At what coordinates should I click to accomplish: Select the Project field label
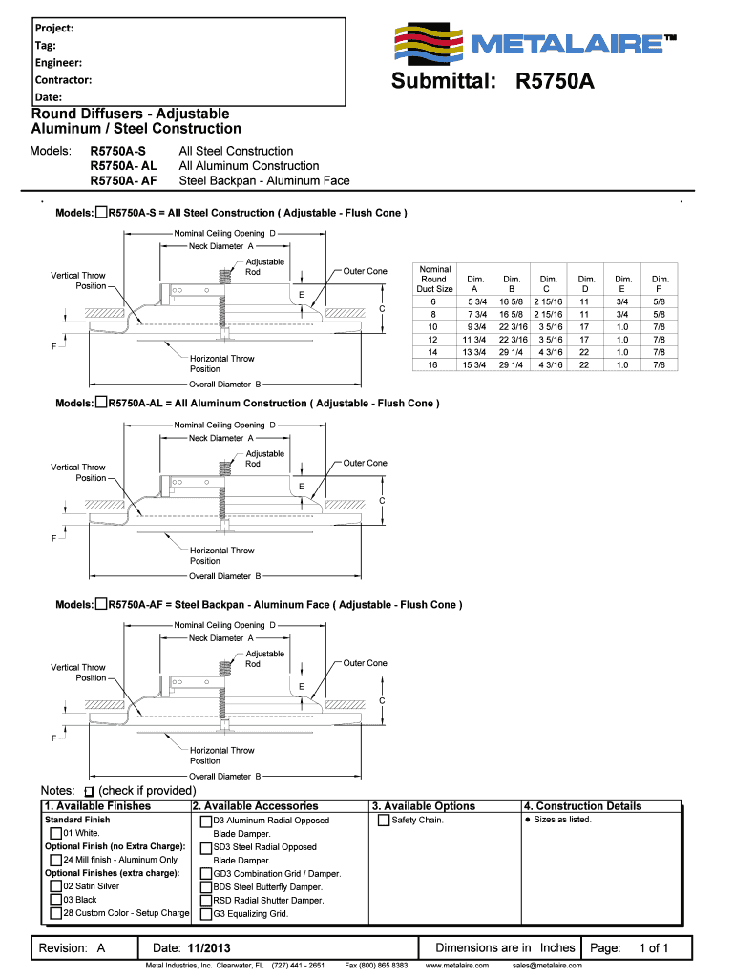[x=54, y=28]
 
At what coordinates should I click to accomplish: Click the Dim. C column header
[x=548, y=284]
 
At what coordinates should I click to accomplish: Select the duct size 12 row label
[x=433, y=339]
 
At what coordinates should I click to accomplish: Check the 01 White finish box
[x=56, y=833]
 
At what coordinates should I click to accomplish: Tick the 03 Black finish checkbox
[x=56, y=900]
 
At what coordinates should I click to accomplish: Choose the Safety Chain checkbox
[x=384, y=821]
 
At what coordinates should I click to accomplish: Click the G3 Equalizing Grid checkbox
[x=206, y=913]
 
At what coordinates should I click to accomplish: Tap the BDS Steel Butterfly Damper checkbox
[x=206, y=886]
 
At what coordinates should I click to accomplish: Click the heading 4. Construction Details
[x=582, y=806]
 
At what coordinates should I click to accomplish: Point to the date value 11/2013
[x=208, y=948]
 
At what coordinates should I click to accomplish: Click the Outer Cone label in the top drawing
[x=366, y=272]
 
